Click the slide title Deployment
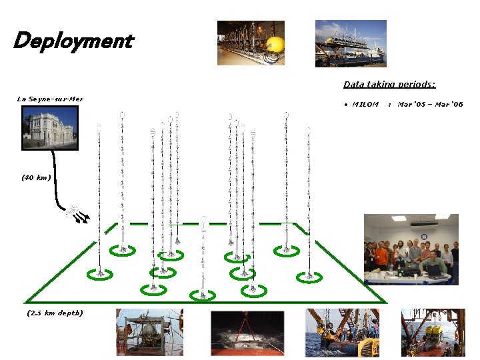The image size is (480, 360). click(x=73, y=41)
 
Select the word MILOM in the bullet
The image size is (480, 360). click(x=365, y=104)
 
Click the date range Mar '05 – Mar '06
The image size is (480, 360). click(x=430, y=104)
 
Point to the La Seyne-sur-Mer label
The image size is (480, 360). click(x=50, y=99)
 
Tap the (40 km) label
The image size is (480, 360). click(x=36, y=178)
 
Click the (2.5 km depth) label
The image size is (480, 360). click(x=55, y=313)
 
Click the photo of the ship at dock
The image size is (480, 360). click(x=350, y=43)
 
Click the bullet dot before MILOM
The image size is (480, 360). click(x=346, y=104)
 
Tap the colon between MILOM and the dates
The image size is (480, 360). click(x=389, y=104)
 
